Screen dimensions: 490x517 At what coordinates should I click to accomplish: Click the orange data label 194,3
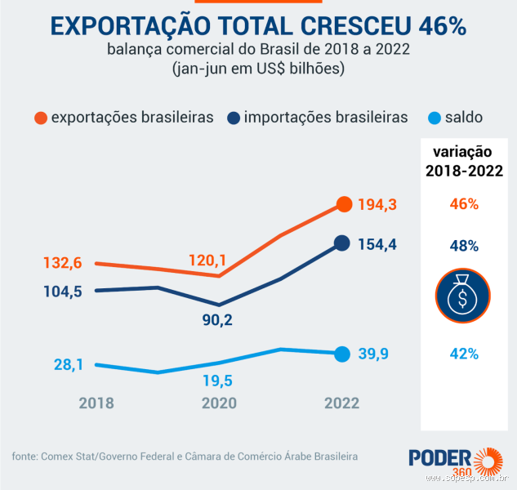point(377,204)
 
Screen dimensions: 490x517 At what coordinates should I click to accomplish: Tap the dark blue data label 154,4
point(377,244)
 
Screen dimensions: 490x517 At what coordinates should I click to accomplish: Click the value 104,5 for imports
point(61,292)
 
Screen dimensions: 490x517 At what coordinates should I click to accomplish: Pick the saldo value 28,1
point(69,365)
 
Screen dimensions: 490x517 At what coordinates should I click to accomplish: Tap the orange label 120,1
point(206,261)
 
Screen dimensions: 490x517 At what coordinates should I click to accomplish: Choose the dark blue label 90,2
point(217,320)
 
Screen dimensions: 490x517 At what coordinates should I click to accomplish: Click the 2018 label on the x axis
point(96,403)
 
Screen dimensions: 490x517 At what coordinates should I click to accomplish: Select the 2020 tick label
point(219,403)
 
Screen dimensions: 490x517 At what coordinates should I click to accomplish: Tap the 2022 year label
point(341,403)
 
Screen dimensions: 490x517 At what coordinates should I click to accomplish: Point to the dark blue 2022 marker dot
point(344,243)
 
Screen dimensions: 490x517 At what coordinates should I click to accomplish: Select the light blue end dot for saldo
point(342,354)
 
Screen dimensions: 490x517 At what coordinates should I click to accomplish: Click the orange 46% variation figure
point(463,204)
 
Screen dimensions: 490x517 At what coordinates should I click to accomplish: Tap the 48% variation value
point(463,245)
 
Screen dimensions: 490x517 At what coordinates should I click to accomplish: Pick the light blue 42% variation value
point(463,354)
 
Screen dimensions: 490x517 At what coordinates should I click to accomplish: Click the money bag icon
point(462,296)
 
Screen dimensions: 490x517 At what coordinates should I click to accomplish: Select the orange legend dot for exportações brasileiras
point(41,118)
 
